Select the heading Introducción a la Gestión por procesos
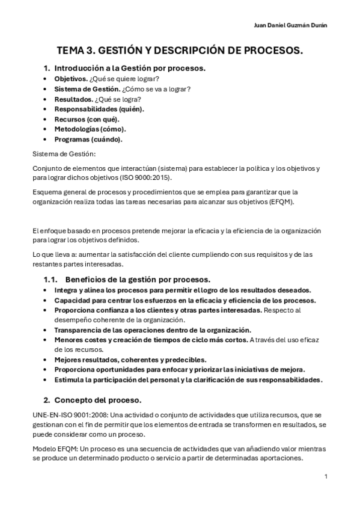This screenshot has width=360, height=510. tap(130, 68)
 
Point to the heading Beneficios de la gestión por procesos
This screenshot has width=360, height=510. tap(138, 279)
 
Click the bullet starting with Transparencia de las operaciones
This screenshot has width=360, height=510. tap(153, 330)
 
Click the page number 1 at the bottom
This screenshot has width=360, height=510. tap(325, 476)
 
